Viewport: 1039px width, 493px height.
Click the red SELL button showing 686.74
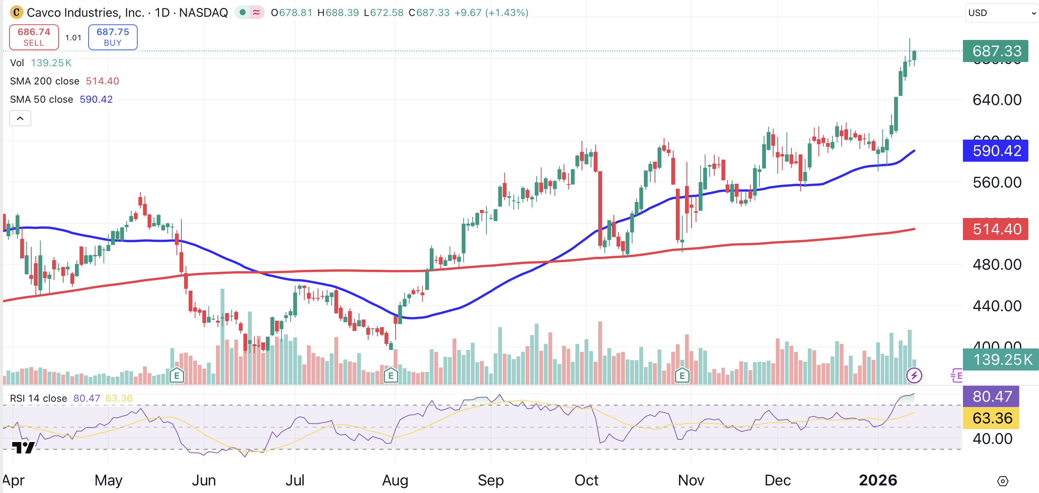tap(34, 37)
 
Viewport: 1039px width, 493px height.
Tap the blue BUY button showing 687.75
tap(113, 37)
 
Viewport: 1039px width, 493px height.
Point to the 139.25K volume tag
tap(1000, 359)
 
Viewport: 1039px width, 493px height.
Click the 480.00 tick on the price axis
tap(997, 265)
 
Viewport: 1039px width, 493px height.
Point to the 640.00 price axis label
tap(997, 100)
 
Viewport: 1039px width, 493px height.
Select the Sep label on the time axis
tap(491, 480)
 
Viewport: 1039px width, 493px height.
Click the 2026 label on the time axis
tap(878, 480)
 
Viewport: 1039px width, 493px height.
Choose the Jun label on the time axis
tap(204, 480)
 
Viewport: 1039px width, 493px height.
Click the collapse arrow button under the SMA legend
tap(20, 119)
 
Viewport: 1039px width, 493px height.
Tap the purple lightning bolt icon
tap(914, 375)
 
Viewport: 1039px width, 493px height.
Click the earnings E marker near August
tap(391, 375)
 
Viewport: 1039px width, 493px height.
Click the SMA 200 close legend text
tap(44, 81)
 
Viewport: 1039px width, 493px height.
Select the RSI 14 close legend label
tap(38, 398)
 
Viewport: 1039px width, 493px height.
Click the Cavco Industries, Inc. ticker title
tap(85, 13)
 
